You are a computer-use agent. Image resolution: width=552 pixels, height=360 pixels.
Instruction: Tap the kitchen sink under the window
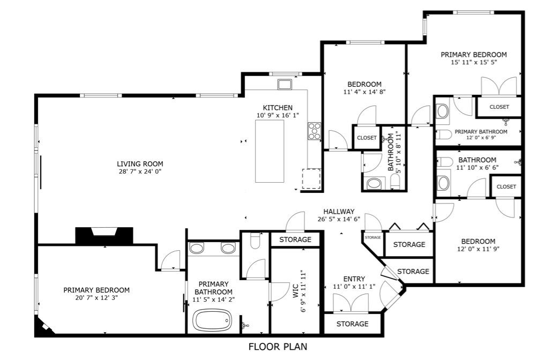pos(285,85)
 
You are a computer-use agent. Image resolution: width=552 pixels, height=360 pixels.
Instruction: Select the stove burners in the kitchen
pos(315,131)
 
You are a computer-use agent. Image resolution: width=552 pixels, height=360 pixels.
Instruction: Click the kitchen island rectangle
pos(270,151)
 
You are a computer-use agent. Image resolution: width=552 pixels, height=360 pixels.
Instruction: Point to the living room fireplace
pos(104,235)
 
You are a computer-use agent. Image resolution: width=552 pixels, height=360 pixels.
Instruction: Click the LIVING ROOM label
pos(140,163)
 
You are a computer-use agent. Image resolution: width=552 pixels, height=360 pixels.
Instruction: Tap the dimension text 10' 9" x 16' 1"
pos(278,115)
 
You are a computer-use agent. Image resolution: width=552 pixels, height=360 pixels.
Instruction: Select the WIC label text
pos(296,291)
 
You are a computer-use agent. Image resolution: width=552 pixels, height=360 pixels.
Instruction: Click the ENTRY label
pos(354,279)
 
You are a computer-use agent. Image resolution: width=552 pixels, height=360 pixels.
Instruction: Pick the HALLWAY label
pos(339,212)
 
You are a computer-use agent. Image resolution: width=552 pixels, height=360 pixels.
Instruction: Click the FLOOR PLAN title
pos(278,347)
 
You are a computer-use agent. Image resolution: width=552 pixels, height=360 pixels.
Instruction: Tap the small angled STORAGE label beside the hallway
pos(373,237)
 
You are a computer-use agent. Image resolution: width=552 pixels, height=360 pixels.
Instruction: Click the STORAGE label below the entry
pos(353,324)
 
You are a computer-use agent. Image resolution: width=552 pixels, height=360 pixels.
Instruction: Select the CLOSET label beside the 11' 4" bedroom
pos(367,138)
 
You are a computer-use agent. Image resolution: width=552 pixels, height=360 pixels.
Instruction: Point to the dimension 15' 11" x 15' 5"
pos(474,62)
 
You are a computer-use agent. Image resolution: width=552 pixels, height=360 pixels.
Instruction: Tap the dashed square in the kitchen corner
pos(311,179)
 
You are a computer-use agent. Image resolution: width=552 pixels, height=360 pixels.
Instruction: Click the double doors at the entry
pos(350,303)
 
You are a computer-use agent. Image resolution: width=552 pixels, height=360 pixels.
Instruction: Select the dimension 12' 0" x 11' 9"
pos(478,249)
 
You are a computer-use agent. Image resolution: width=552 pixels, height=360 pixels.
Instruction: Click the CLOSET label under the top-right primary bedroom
pos(499,107)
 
